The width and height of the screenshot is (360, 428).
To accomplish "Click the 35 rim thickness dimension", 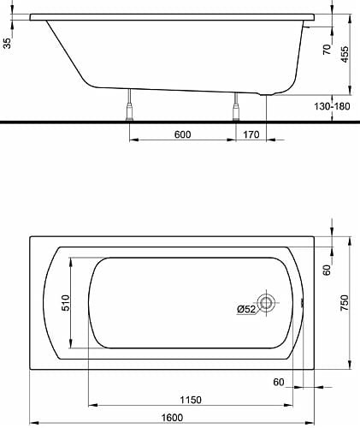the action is (x=7, y=44).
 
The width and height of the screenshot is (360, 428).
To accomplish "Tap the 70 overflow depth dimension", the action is (x=328, y=49).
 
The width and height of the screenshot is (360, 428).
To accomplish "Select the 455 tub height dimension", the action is (x=345, y=54).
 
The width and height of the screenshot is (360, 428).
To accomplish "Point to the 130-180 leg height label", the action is (x=332, y=106).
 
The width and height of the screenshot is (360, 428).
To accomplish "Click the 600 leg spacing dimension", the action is (x=182, y=134).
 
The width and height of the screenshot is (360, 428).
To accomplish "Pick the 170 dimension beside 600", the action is (x=251, y=134).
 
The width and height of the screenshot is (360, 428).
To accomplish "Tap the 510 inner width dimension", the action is (x=65, y=303).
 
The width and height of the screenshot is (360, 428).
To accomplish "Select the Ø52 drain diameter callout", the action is (x=246, y=309).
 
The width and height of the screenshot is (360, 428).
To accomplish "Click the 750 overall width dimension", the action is (x=345, y=303).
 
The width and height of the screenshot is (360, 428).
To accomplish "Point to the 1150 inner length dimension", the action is (x=191, y=400).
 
